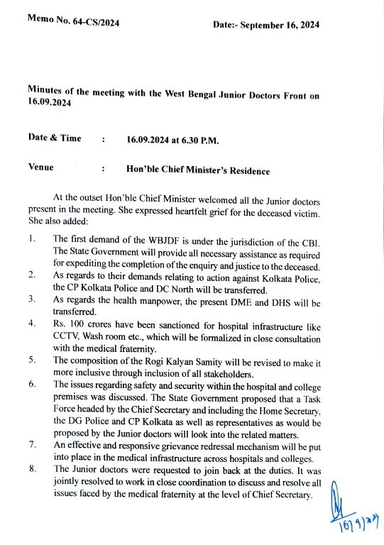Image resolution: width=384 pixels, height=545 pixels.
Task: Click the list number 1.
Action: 33,238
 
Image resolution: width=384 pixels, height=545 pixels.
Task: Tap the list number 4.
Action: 33,324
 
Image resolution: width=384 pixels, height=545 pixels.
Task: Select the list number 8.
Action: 33,469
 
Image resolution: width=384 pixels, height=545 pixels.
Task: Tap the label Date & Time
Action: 55,138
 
